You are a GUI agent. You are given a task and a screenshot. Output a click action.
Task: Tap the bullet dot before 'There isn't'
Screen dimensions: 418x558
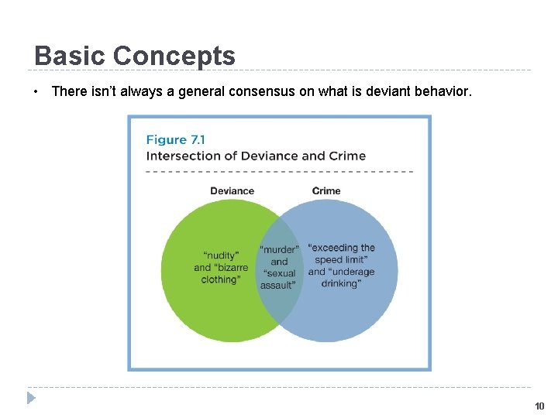[x=36, y=92]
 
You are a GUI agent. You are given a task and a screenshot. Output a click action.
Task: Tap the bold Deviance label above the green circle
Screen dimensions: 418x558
[x=232, y=191]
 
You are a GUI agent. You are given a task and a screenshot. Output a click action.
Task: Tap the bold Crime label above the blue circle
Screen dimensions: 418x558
[x=326, y=191]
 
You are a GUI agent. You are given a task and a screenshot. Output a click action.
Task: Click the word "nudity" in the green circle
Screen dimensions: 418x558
[x=221, y=255]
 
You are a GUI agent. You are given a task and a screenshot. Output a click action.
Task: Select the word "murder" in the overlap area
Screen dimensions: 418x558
[x=279, y=250]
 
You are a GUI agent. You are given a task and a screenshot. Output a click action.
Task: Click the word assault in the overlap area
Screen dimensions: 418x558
[x=277, y=285]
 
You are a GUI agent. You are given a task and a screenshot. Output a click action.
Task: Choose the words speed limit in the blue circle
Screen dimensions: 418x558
[x=341, y=260]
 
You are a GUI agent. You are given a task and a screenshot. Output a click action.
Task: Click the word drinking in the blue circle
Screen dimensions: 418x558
[x=340, y=283]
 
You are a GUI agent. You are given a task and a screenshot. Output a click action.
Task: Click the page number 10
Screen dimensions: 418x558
[x=539, y=406]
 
